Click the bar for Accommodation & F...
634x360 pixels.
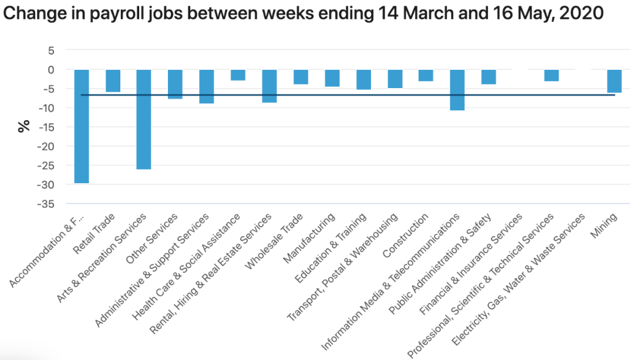coord(81,127)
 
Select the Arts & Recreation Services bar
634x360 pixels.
coord(144,120)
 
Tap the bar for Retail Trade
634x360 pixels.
coord(113,81)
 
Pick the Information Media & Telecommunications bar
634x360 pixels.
coord(457,90)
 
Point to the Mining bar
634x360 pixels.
coord(614,81)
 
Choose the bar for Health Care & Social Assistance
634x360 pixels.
coord(238,75)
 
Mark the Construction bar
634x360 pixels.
coord(426,76)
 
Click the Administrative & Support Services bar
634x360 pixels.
coord(207,86)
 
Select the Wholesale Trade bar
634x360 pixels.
coord(301,78)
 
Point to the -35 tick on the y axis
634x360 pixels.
coord(46,204)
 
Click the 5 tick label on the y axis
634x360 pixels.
coord(51,51)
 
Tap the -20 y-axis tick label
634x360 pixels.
coord(46,146)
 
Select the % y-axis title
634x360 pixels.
coord(24,126)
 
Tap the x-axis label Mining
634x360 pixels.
coord(603,226)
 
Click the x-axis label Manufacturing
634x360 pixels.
coord(309,238)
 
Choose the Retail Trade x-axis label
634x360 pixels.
coord(94,234)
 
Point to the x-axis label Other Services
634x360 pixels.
coord(151,238)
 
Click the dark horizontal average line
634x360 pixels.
coord(348,95)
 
